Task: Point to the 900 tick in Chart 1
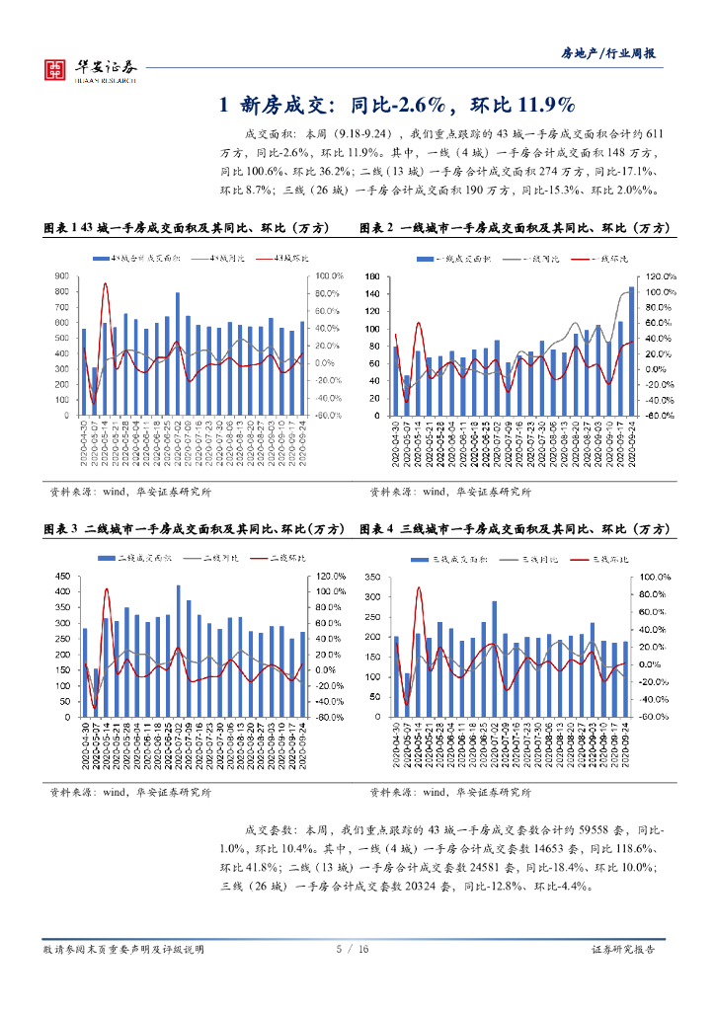point(61,276)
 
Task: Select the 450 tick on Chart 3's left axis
point(61,577)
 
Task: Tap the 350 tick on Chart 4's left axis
point(372,577)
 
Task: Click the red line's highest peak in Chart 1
point(106,284)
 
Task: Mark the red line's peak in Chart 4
point(419,587)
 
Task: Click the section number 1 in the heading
point(224,106)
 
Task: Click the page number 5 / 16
point(353,949)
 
